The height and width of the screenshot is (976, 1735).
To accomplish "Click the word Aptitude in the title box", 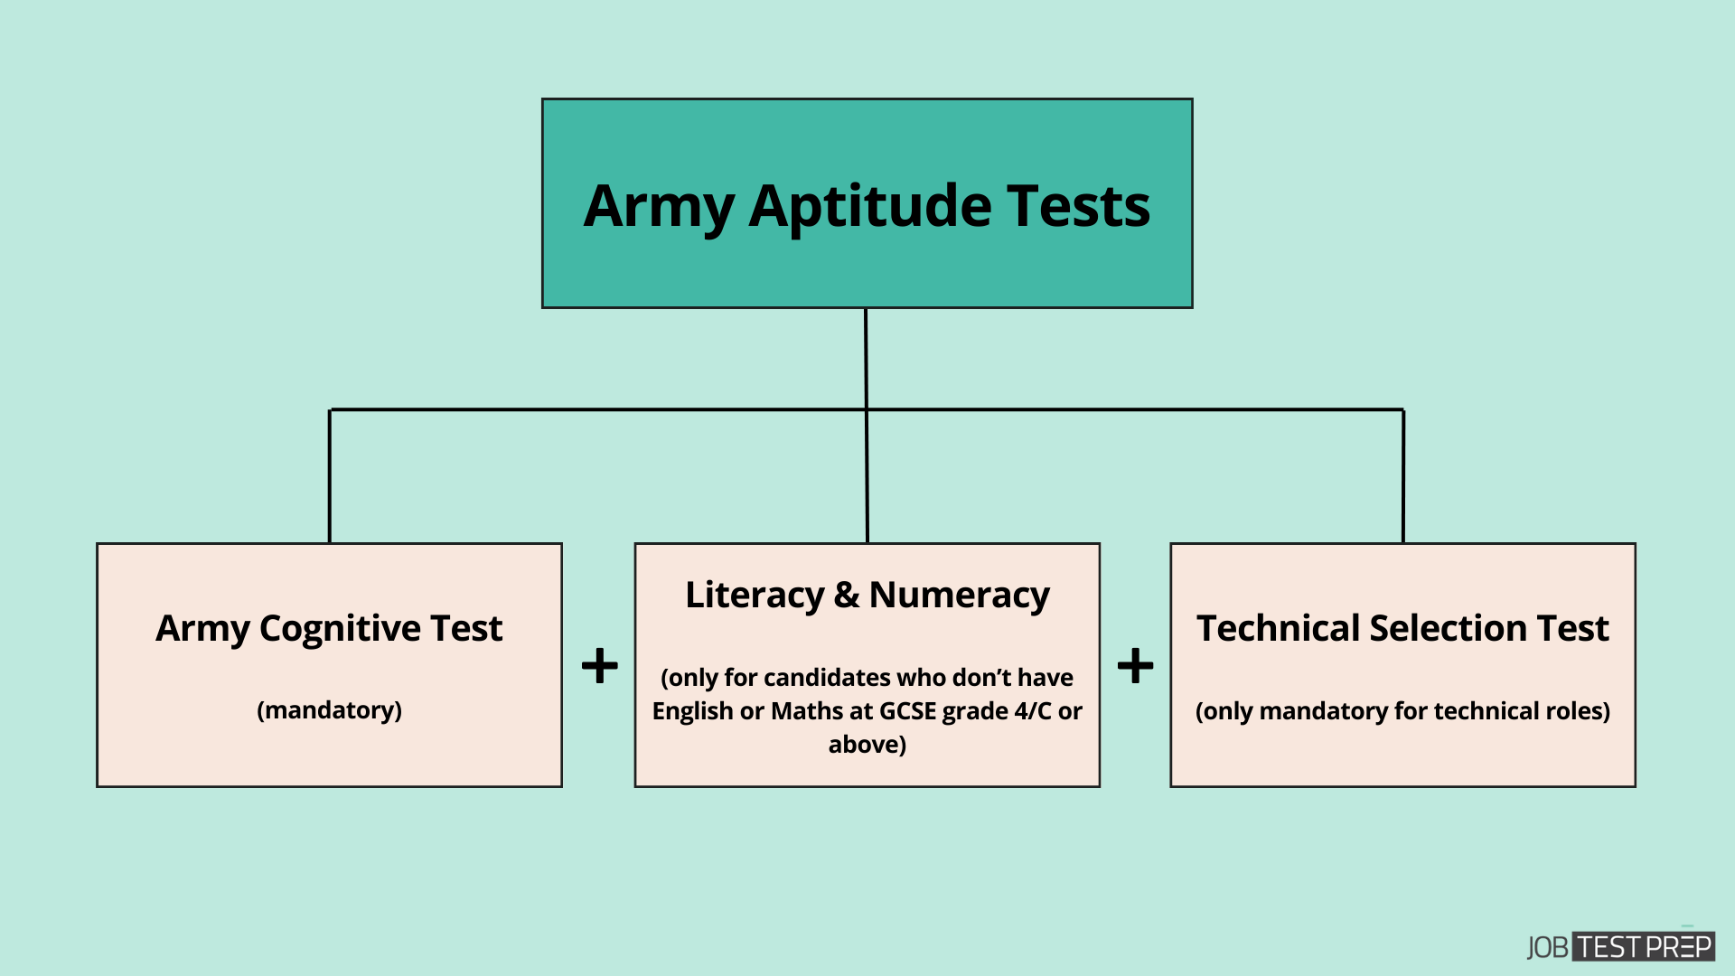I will tap(869, 207).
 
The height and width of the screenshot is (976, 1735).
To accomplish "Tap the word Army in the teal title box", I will tap(658, 207).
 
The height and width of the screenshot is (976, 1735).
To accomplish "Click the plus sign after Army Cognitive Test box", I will tap(599, 667).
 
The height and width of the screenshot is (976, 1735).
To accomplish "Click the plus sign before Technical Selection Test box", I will tap(1135, 667).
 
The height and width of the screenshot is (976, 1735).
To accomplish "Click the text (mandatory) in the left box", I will tap(329, 710).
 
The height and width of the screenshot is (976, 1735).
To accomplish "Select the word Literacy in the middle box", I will tap(755, 595).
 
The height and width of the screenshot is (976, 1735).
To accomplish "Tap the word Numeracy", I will tap(959, 595).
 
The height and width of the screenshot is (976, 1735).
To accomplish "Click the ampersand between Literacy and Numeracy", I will tap(847, 595).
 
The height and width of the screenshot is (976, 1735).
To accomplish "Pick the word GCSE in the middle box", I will tap(907, 711).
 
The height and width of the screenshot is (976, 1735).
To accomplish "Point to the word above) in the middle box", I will tap(867, 745).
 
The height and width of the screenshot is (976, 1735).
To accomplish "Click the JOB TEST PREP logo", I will tap(1620, 946).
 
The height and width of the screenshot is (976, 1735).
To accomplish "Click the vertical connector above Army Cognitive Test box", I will tap(330, 476).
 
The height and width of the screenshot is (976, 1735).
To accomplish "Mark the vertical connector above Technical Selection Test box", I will tap(1402, 476).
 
